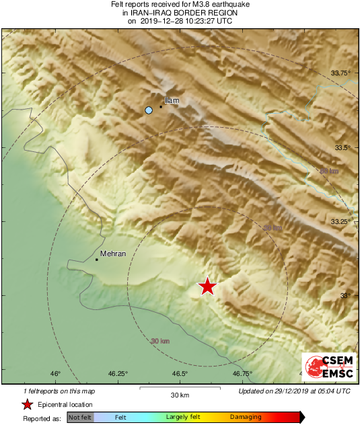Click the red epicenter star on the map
(x=207, y=286)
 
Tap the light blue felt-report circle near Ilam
(x=149, y=110)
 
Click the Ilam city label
(x=172, y=100)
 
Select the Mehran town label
(x=112, y=254)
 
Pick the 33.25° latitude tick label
(x=342, y=221)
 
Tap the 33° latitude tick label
(x=346, y=295)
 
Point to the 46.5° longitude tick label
(x=180, y=374)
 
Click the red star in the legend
(x=28, y=404)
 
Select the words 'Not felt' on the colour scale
(x=80, y=418)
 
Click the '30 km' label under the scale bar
(x=179, y=394)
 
